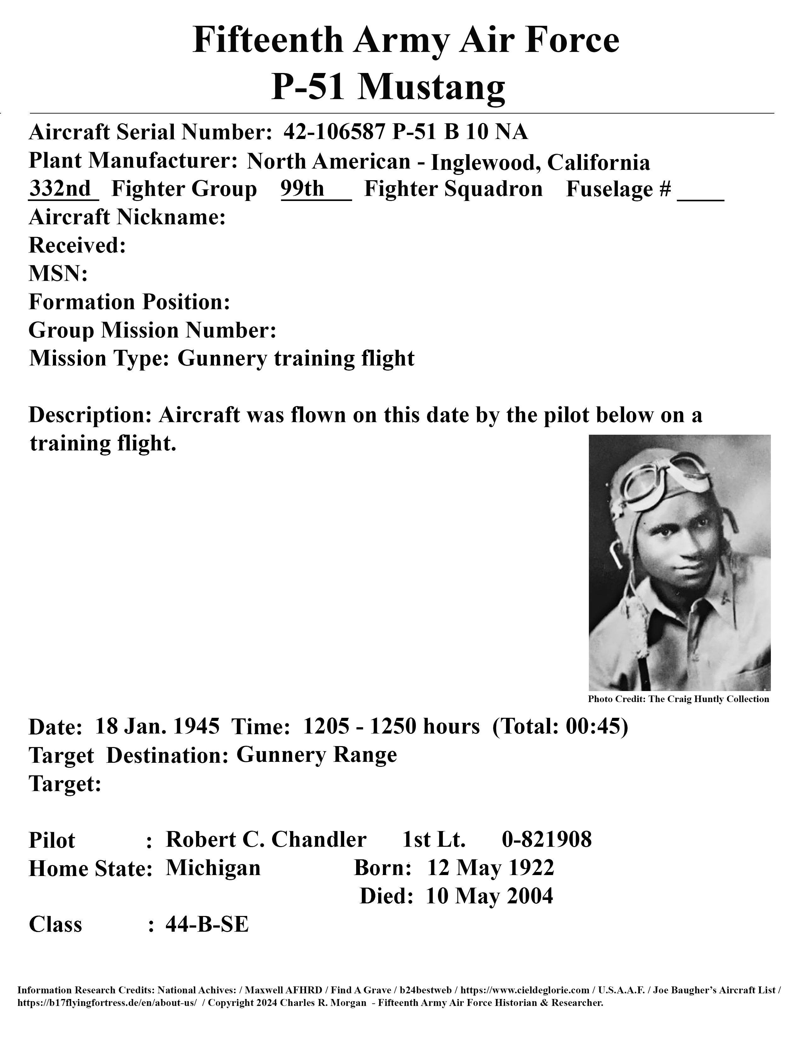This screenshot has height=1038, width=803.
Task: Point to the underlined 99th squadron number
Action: coord(303,189)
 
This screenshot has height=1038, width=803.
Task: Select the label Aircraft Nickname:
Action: coord(127,217)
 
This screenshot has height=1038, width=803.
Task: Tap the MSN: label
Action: coord(58,274)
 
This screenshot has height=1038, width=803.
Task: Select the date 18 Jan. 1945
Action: coord(157,727)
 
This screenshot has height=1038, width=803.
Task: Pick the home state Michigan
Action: coord(213,868)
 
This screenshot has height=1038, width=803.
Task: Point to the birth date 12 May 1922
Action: coord(490,868)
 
